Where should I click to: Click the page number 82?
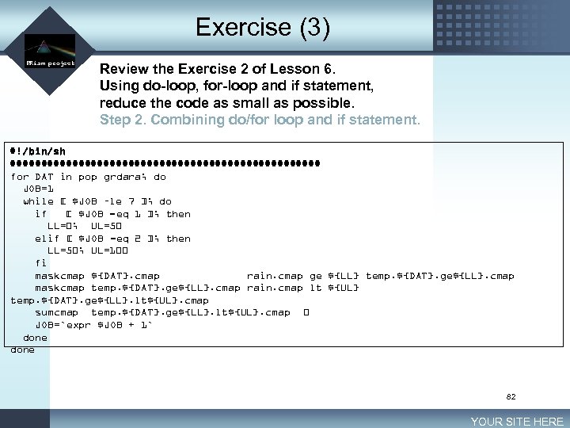click(511, 397)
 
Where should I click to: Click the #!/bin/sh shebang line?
click(37, 152)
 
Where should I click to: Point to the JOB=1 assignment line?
click(39, 189)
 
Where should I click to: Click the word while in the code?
click(39, 201)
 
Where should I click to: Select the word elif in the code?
click(47, 239)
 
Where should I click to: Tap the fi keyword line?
click(40, 263)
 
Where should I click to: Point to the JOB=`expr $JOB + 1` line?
click(93, 325)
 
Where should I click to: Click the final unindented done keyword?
click(22, 350)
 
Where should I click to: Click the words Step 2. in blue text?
click(122, 120)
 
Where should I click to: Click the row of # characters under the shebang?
click(165, 165)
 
